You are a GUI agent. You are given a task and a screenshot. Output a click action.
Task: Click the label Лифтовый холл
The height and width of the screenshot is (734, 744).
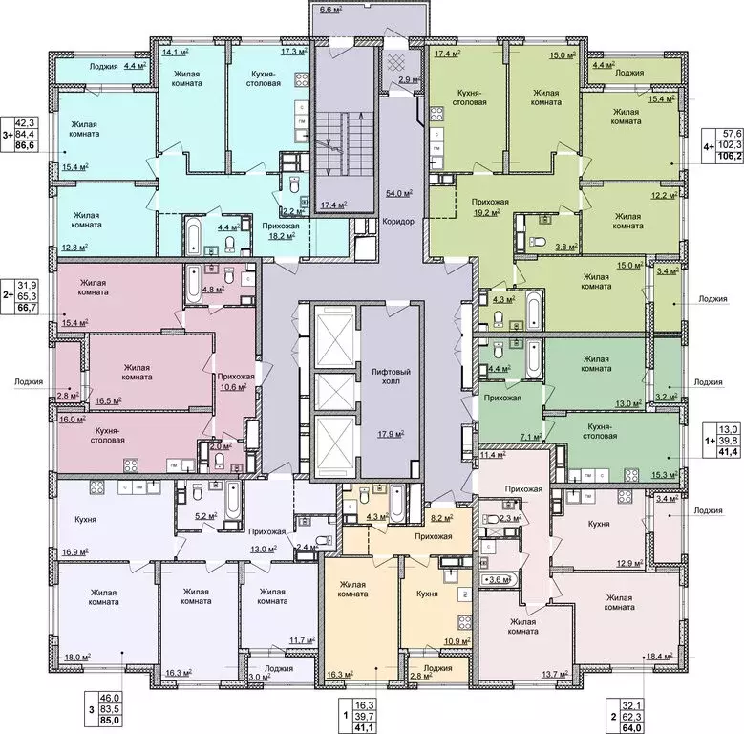click(x=384, y=375)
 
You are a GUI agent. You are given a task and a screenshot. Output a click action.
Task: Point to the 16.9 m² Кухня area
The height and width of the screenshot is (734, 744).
click(x=75, y=551)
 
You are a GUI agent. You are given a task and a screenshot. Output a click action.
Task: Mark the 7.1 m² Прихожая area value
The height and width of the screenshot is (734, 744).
click(x=530, y=437)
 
